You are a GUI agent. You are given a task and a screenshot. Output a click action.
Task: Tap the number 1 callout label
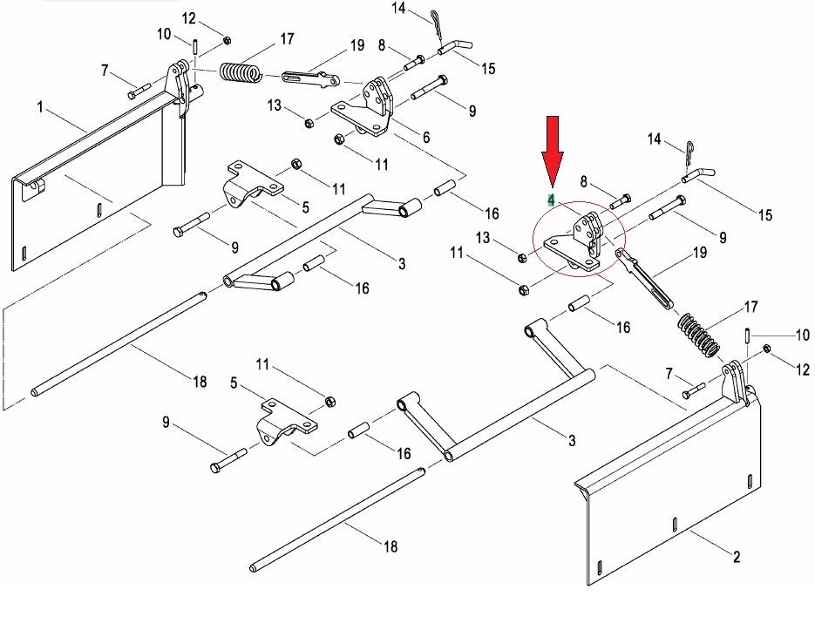pos(40,107)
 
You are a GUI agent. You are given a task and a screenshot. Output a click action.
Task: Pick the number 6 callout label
pos(426,137)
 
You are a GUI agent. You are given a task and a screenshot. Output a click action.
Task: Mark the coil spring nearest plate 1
pos(240,72)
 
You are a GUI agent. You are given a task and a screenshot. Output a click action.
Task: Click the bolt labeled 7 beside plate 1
pos(139,90)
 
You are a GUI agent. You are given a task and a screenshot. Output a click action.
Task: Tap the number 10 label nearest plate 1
pos(163,34)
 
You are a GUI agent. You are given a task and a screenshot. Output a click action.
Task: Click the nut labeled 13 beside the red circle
pos(521,257)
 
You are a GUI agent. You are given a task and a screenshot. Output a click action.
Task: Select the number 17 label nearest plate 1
pos(287,39)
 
